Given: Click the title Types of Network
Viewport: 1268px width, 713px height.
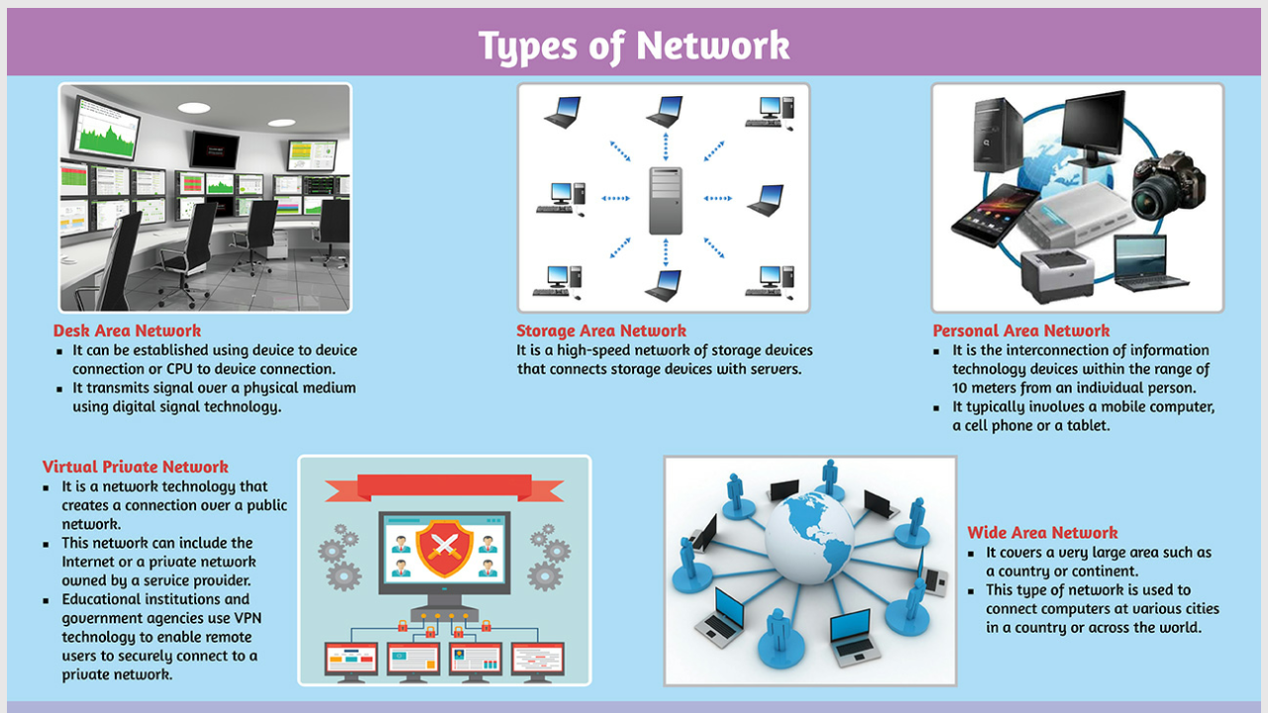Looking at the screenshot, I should (x=634, y=46).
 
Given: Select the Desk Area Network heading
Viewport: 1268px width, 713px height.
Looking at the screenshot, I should (x=127, y=331).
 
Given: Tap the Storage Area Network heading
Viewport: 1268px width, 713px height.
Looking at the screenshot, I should (x=600, y=331).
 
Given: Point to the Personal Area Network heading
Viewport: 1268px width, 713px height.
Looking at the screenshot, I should (x=1020, y=331).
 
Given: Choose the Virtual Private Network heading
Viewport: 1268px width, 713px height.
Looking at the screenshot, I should (x=135, y=467).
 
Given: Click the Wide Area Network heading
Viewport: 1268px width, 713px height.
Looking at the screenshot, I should (x=1042, y=533).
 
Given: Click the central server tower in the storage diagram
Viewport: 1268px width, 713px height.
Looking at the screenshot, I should (x=666, y=200).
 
